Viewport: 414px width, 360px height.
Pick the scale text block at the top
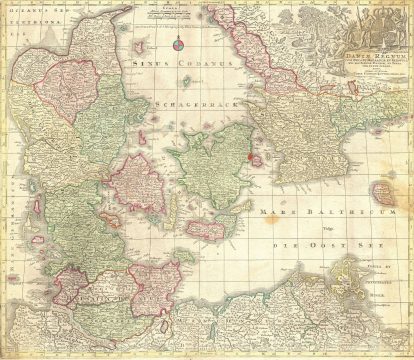(171, 14)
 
